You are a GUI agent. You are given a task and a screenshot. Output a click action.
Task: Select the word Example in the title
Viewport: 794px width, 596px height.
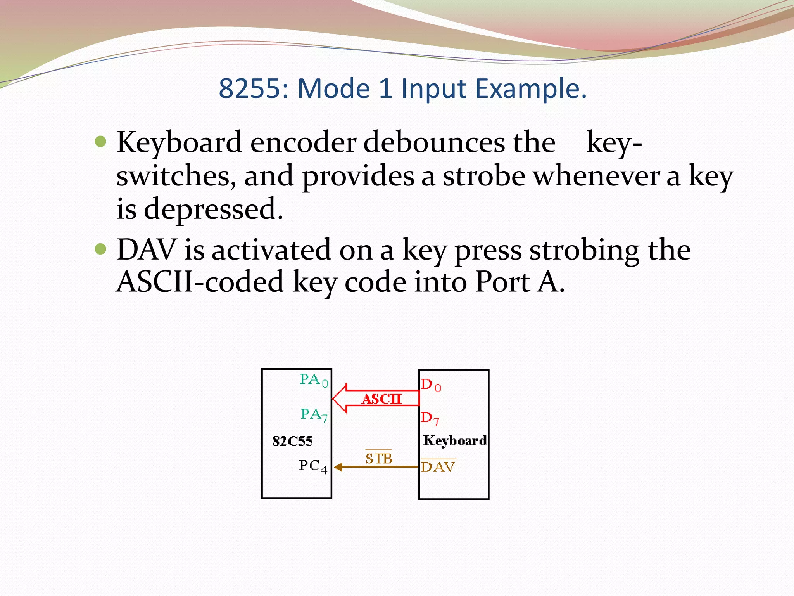pyautogui.click(x=531, y=89)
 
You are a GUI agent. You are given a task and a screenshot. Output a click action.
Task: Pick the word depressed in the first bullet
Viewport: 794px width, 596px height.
pyautogui.click(x=213, y=209)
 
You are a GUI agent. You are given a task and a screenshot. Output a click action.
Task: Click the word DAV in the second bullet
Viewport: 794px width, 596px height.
pyautogui.click(x=146, y=249)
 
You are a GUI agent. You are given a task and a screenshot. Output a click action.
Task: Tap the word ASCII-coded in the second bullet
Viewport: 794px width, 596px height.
pyautogui.click(x=200, y=282)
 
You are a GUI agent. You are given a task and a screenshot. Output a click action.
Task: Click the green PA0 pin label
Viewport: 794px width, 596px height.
pyautogui.click(x=314, y=380)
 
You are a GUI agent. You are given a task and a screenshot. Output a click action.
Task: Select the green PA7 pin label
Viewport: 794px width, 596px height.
pyautogui.click(x=314, y=415)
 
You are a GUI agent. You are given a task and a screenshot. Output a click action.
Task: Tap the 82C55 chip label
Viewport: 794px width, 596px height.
pyautogui.click(x=292, y=441)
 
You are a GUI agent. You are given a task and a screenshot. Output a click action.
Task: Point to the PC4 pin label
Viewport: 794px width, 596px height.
pyautogui.click(x=313, y=466)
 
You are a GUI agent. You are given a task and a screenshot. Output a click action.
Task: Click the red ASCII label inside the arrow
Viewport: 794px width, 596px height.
pyautogui.click(x=381, y=399)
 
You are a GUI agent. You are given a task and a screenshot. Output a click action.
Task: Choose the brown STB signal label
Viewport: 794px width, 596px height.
pyautogui.click(x=379, y=459)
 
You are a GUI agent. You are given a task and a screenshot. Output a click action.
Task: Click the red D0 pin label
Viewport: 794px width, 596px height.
pyautogui.click(x=431, y=385)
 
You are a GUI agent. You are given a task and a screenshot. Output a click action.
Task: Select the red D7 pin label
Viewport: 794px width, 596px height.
pyautogui.click(x=430, y=418)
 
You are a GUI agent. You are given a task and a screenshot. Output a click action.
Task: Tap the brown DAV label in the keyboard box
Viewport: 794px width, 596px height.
pyautogui.click(x=438, y=467)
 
